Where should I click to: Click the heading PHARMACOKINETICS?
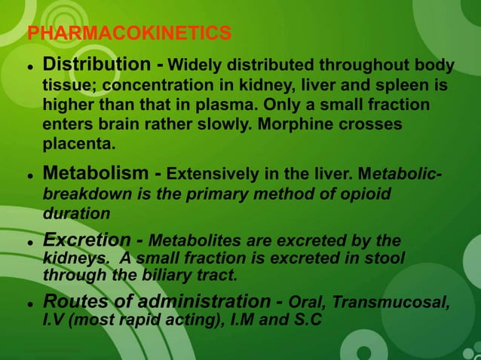[129, 33]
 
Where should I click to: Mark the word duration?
[76, 214]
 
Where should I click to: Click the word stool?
[385, 258]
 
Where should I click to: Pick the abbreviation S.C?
[304, 320]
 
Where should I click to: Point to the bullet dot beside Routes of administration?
[30, 304]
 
